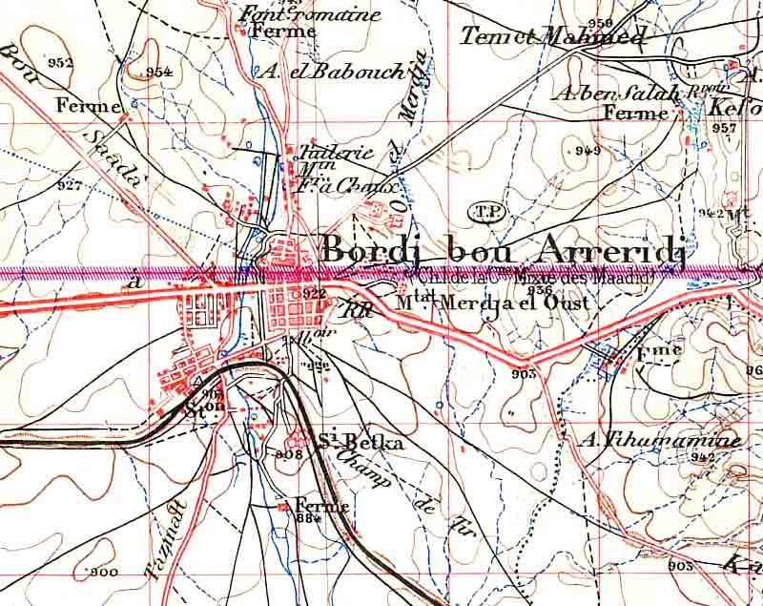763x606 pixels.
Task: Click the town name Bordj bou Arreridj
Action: point(503,250)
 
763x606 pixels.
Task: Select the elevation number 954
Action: point(158,73)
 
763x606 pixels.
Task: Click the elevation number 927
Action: point(69,185)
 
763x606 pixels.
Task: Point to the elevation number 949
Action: point(588,150)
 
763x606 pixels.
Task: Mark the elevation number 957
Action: point(724,127)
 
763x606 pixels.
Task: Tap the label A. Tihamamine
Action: point(660,440)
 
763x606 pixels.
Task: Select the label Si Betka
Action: point(348,442)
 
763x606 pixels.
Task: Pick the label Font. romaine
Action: point(309,14)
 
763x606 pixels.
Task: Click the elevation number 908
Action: point(290,455)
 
